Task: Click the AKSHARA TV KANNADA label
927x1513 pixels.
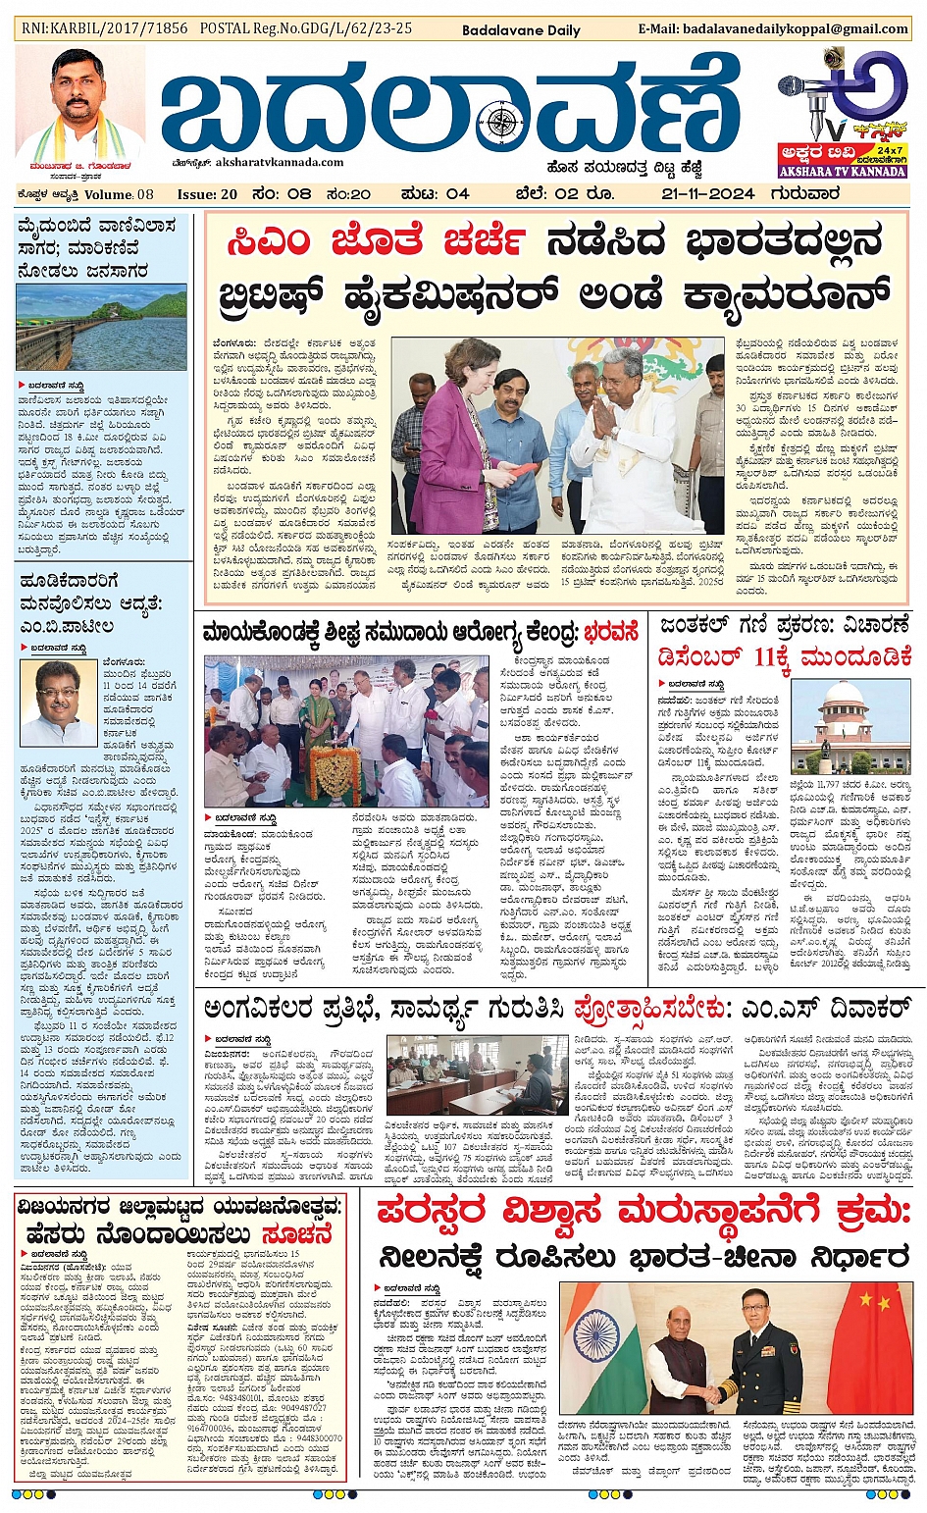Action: coord(842,172)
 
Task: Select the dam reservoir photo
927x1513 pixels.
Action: coord(102,327)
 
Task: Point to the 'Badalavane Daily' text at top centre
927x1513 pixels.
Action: coord(521,30)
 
